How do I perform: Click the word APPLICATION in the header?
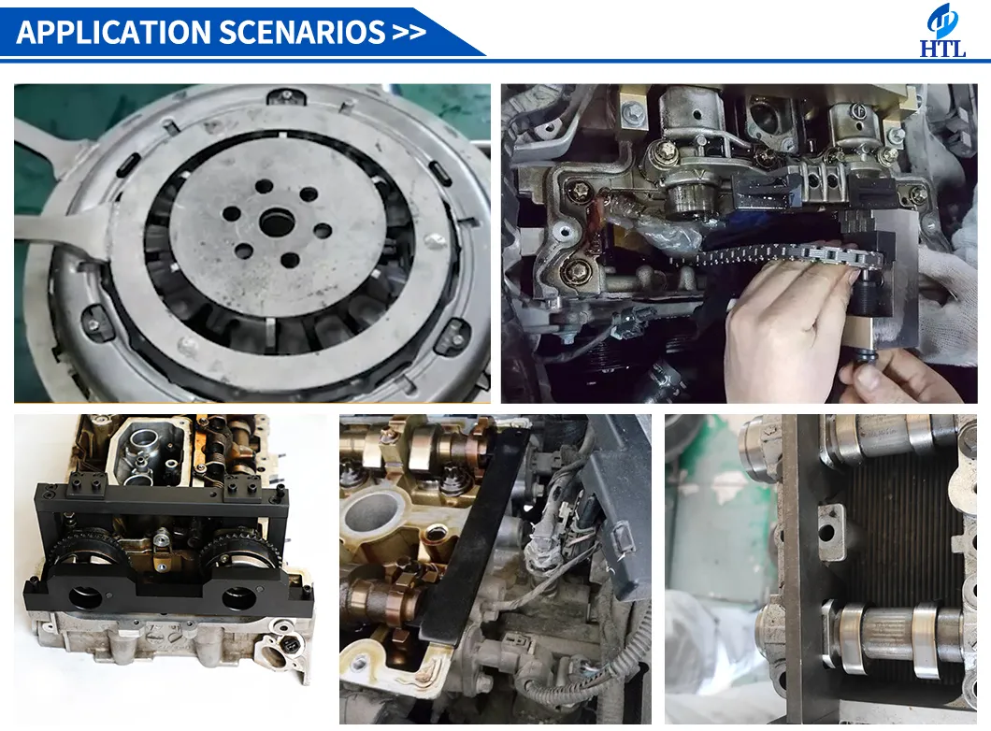click(113, 32)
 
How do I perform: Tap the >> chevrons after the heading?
click(409, 32)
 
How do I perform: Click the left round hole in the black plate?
click(84, 595)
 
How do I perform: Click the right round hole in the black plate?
click(236, 595)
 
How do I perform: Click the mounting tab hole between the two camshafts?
click(826, 533)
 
